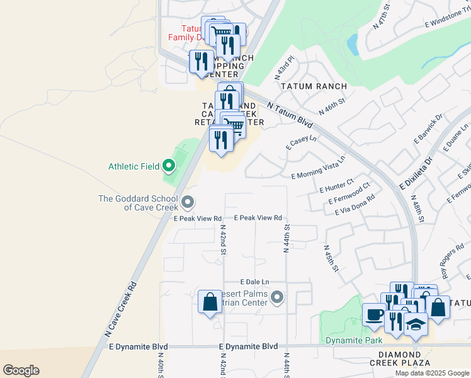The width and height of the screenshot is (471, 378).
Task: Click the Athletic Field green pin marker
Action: (168, 167)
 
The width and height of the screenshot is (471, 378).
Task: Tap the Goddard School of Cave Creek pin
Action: (187, 202)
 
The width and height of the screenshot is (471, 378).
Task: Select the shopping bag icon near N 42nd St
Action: (210, 302)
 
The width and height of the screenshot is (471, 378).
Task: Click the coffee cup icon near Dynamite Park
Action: (374, 315)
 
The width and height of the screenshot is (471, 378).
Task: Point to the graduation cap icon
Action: (415, 324)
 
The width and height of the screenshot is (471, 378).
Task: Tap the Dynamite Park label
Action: (354, 341)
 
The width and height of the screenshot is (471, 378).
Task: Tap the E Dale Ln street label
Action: (254, 282)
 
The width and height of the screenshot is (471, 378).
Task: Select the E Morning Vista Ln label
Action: (319, 168)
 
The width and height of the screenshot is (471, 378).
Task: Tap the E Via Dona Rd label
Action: (355, 205)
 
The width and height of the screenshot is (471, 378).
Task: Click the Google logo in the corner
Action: (21, 370)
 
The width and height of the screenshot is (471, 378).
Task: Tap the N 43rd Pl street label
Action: (285, 67)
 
